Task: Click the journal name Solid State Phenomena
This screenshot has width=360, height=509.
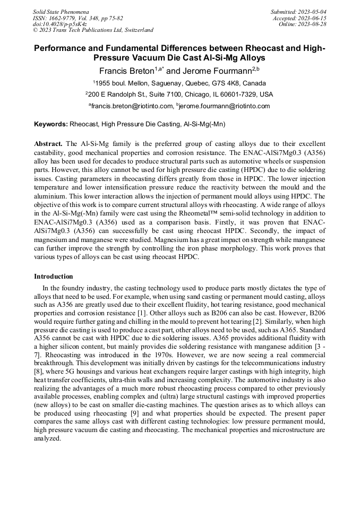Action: pyautogui.click(x=61, y=11)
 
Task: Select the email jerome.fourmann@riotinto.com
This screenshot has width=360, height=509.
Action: pyautogui.click(x=226, y=106)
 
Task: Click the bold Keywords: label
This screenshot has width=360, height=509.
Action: pyautogui.click(x=51, y=125)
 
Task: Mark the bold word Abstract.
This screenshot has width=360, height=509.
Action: pyautogui.click(x=49, y=144)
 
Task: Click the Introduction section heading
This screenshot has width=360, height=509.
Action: pyautogui.click(x=54, y=277)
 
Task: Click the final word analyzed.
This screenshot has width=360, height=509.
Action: pyautogui.click(x=47, y=439)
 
